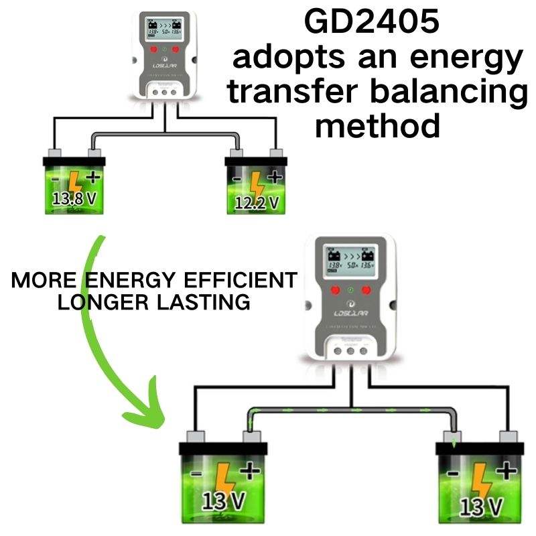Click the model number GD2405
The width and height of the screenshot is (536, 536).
(x=372, y=21)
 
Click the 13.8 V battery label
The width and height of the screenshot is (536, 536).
(x=75, y=198)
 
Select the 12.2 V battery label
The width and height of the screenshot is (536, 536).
(x=257, y=202)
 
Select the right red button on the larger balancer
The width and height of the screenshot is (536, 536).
(x=366, y=290)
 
